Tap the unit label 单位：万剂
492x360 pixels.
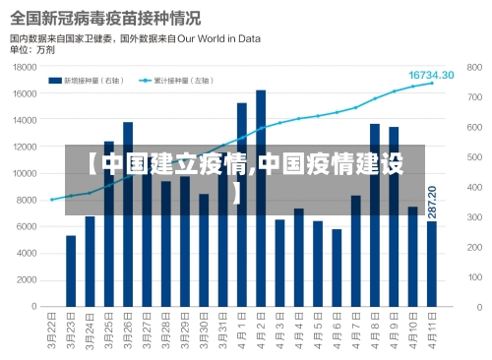[32, 48]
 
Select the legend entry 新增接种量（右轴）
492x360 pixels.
[92, 80]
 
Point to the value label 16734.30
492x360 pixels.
[431, 75]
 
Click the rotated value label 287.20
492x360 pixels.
[432, 202]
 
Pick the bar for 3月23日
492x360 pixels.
[71, 271]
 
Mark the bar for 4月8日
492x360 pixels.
[375, 215]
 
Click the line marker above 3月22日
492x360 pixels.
[52, 200]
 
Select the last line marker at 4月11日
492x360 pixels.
[431, 84]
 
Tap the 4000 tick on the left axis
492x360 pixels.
[29, 254]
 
